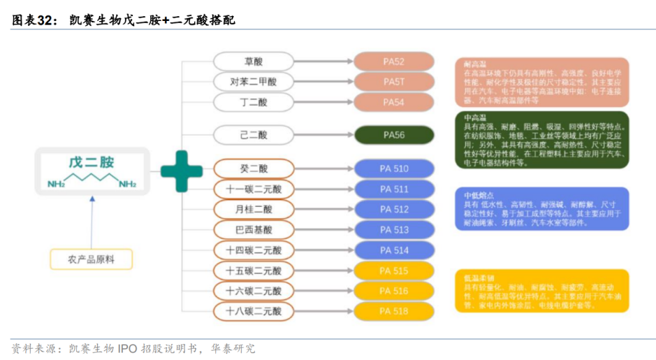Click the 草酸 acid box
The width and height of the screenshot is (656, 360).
pos(254,62)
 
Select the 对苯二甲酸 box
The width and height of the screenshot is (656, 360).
pos(254,82)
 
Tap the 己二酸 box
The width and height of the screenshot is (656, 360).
pos(254,134)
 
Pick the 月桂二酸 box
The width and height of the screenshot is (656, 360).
pos(254,209)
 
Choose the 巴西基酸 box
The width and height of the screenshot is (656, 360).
pos(254,229)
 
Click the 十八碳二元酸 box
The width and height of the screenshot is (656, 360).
pos(254,311)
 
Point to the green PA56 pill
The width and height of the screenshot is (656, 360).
pos(394,134)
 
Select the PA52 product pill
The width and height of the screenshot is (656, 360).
pos(394,62)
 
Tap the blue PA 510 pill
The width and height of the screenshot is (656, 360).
pos(394,168)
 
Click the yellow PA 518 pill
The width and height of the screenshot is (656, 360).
pos(394,311)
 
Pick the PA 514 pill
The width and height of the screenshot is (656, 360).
pos(394,250)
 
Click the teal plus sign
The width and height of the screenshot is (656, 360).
pos(182,171)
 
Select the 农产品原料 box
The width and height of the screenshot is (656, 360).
pos(91,259)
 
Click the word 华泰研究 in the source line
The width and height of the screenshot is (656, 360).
pos(233,348)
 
